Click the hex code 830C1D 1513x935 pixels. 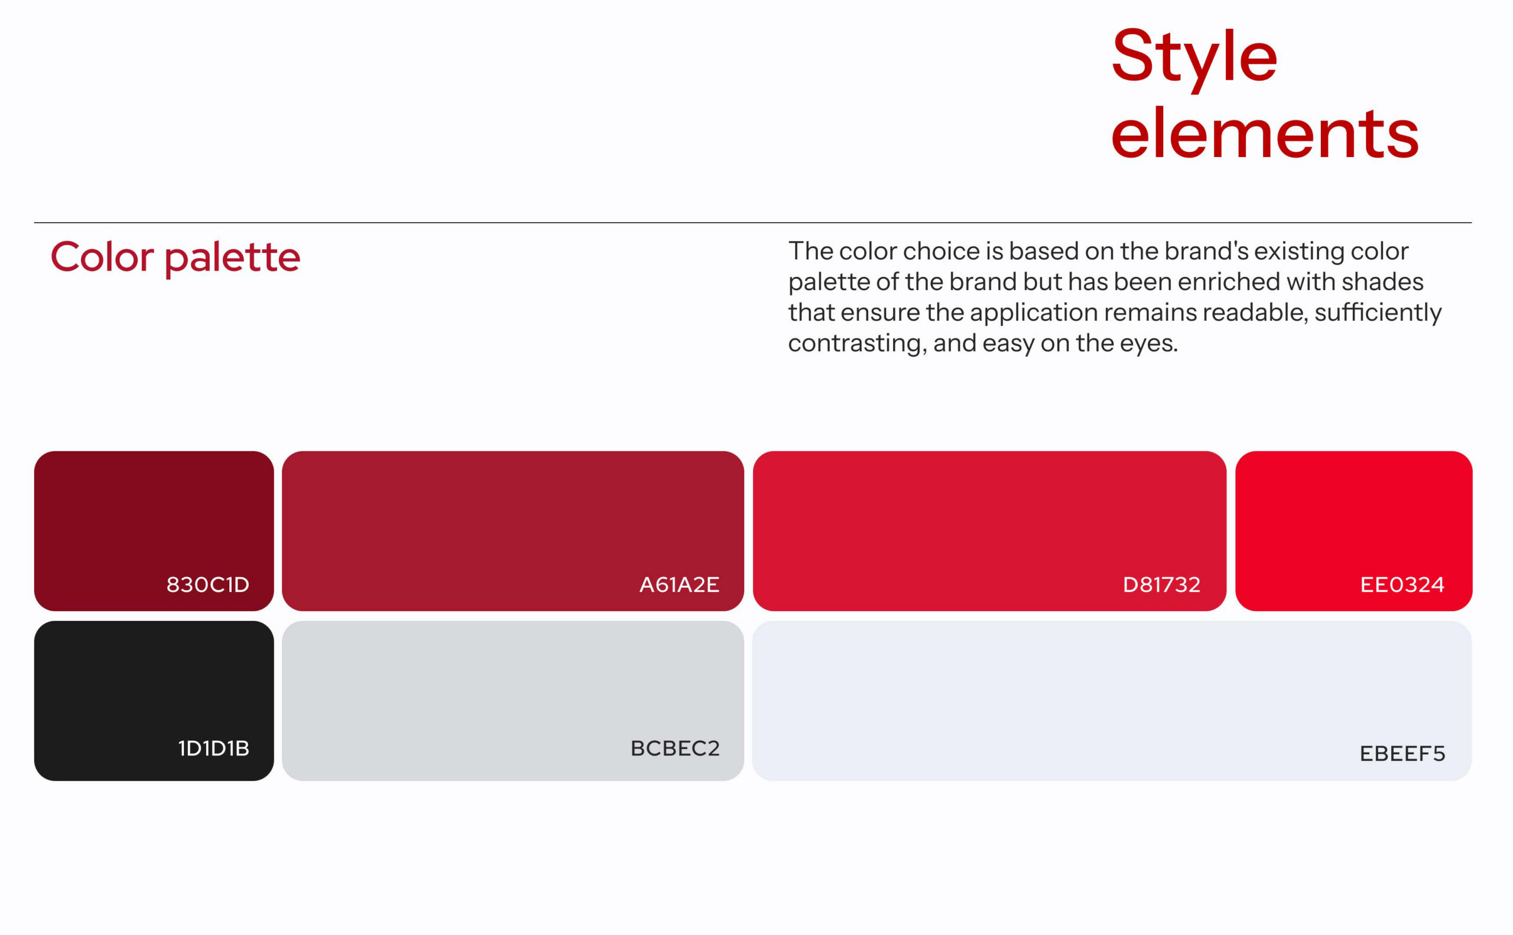click(x=208, y=584)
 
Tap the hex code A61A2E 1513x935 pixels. click(x=679, y=584)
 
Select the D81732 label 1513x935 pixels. click(x=1161, y=584)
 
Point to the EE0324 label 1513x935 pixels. click(x=1402, y=584)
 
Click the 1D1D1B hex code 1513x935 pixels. click(x=213, y=748)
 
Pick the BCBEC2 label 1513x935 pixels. click(x=675, y=748)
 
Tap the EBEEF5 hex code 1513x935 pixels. click(x=1402, y=753)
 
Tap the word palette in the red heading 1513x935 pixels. click(x=233, y=259)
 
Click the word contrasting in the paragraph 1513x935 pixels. click(x=858, y=344)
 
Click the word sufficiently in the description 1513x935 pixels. click(x=1378, y=313)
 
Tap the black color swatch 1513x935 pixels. click(x=154, y=701)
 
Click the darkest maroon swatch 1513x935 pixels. click(x=154, y=531)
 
